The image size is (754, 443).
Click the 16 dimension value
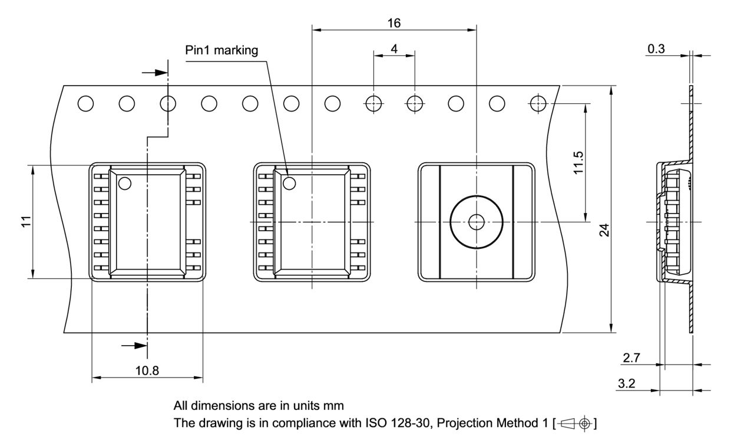[394, 23]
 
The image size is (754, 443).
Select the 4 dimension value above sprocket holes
[394, 48]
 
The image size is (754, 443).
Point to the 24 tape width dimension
[604, 230]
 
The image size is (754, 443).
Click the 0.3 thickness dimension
[656, 49]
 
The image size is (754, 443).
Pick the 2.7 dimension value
[631, 357]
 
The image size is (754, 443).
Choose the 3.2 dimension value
[626, 383]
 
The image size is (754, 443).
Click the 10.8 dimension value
[147, 370]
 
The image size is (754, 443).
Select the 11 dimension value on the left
[25, 222]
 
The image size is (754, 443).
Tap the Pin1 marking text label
[221, 50]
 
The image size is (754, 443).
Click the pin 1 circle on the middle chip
[289, 183]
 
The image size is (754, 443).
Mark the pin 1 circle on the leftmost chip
[124, 183]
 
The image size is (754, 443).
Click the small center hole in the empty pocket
[476, 222]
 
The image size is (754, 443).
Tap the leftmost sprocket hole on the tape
[86, 104]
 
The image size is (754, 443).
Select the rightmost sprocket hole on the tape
[538, 104]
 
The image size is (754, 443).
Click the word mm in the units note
[335, 406]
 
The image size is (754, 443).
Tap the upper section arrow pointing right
[154, 72]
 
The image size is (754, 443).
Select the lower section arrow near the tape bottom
[133, 346]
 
